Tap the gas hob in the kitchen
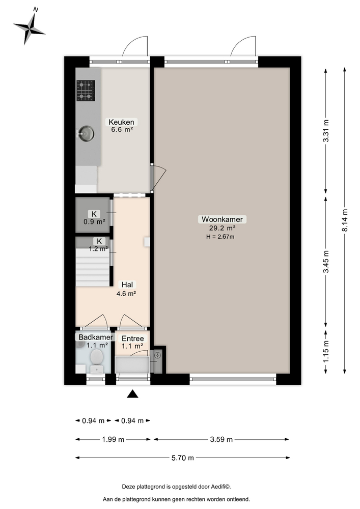pos(86,91)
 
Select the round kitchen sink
pos(86,134)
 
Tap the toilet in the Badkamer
pos(96,363)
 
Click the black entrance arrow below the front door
pos(132,393)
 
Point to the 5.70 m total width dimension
pos(183,458)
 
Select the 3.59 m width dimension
pos(221,439)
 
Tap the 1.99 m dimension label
pos(114,439)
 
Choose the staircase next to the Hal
pos(93,267)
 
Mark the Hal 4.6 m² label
pos(127,289)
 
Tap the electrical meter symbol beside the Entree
pos(157,355)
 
